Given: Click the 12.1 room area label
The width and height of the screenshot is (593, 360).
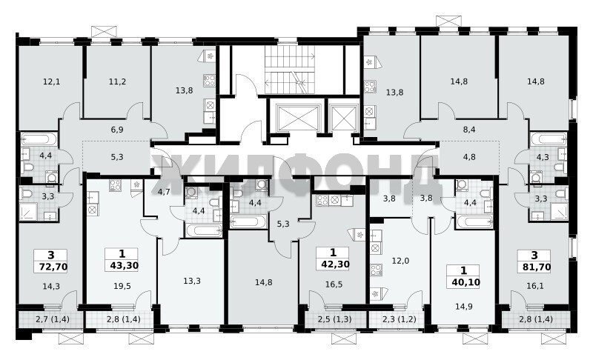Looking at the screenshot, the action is pos(51,81).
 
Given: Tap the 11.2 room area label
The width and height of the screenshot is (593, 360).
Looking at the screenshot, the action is pos(117,81).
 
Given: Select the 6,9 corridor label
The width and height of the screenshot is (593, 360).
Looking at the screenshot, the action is pos(117,130).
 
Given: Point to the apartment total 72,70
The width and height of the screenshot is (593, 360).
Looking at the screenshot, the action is pos(53,267).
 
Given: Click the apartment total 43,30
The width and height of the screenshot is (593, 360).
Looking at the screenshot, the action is pos(125,266).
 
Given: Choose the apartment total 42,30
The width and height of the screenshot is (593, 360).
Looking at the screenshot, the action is pos(335,264).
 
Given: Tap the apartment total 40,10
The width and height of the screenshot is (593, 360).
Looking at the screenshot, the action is pos(466,281).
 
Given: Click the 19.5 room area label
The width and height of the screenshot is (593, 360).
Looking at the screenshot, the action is pos(122,287).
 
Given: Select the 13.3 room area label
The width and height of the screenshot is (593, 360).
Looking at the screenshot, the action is pos(192,281).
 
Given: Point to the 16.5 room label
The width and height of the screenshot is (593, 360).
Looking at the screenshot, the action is pos(334,284).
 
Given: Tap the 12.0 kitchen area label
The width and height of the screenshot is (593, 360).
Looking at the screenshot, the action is pos(400,261).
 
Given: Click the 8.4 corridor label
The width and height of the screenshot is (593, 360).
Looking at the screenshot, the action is pos(469,130).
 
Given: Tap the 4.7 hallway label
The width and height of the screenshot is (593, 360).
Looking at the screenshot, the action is pos(164,192).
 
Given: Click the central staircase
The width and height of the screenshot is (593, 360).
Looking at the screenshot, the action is pos(290,70).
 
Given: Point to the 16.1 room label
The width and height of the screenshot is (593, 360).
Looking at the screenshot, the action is pos(534,286).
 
